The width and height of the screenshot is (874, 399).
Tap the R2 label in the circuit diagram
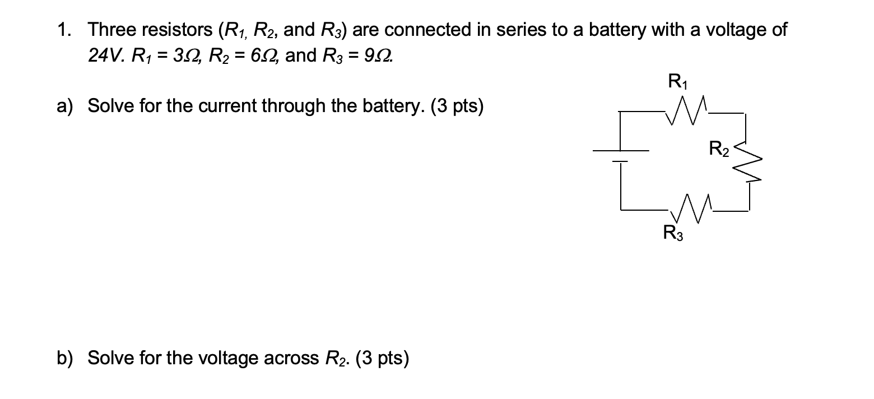(719, 149)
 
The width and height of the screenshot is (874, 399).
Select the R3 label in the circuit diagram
(672, 232)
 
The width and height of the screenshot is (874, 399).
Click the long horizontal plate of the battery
(621, 151)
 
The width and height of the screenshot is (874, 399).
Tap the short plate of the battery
(620, 162)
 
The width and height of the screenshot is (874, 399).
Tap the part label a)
(65, 105)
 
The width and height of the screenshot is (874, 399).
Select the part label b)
(65, 358)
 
